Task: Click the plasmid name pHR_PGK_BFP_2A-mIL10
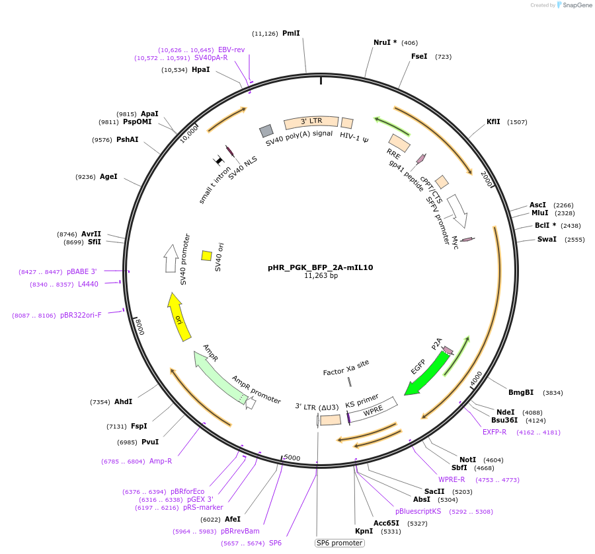click(x=320, y=267)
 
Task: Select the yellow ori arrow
click(x=177, y=317)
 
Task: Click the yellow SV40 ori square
click(x=206, y=256)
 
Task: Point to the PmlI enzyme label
click(x=291, y=33)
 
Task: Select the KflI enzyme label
click(x=493, y=121)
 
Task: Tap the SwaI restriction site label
click(x=547, y=239)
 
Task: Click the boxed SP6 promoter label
click(x=340, y=543)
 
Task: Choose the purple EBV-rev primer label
click(x=231, y=50)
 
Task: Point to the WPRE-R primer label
click(x=452, y=479)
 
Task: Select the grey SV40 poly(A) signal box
click(x=266, y=130)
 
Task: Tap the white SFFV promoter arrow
click(x=457, y=209)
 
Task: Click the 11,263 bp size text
click(x=321, y=276)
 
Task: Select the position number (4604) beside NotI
click(x=493, y=460)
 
